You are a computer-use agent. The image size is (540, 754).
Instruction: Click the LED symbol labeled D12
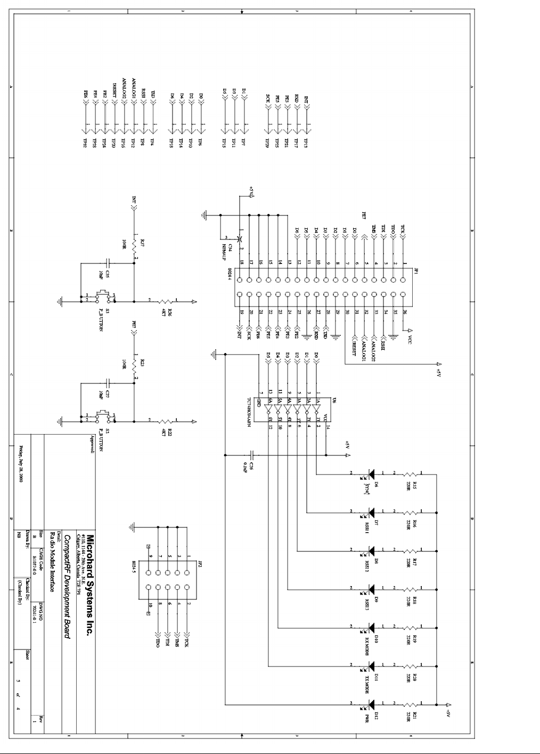372,704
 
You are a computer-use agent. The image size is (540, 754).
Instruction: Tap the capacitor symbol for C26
253,455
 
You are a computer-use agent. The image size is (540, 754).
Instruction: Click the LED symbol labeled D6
372,473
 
